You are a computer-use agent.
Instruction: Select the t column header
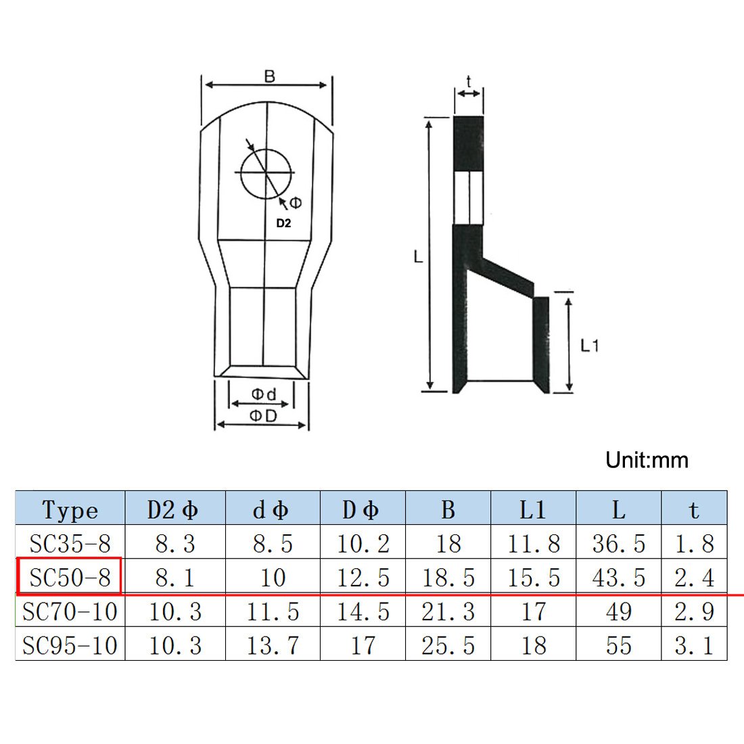[x=694, y=509]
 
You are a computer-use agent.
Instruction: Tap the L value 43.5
[x=619, y=578]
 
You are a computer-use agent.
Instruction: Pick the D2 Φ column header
[x=172, y=509]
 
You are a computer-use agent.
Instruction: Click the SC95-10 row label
[x=70, y=645]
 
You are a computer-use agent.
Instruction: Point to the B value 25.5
[x=448, y=645]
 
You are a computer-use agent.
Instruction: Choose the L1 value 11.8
[x=534, y=543]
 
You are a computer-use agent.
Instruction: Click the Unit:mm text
[x=647, y=460]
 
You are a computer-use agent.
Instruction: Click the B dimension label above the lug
[x=269, y=76]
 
